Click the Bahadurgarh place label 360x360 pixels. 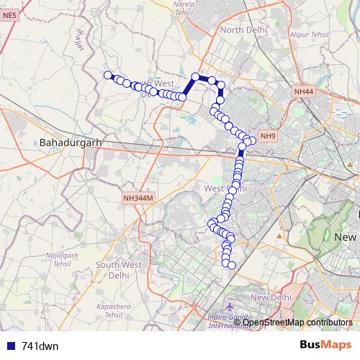(70, 143)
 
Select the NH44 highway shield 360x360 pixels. (303, 92)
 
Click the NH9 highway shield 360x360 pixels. (268, 136)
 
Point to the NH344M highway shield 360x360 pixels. (138, 197)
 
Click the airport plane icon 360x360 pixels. (230, 307)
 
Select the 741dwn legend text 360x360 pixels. (40, 346)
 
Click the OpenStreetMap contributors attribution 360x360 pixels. (297, 322)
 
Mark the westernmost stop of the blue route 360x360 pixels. (108, 75)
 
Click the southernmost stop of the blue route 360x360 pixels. (232, 266)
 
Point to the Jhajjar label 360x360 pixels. (81, 40)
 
